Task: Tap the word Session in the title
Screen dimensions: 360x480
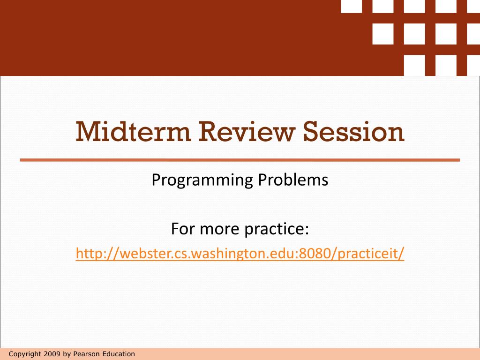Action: click(x=353, y=132)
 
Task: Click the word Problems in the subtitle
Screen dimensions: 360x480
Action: click(x=293, y=180)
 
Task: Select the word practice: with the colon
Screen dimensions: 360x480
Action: click(x=276, y=230)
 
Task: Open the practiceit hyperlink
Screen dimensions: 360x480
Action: click(x=240, y=254)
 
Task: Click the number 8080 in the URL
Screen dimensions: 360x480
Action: click(x=318, y=254)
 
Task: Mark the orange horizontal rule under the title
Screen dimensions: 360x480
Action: click(x=240, y=160)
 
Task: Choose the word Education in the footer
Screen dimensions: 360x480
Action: click(x=118, y=354)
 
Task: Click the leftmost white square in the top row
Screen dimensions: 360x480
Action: click(x=351, y=6)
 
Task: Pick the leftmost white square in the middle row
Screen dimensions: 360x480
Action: click(x=383, y=33)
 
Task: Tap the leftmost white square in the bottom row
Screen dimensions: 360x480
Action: click(x=414, y=65)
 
